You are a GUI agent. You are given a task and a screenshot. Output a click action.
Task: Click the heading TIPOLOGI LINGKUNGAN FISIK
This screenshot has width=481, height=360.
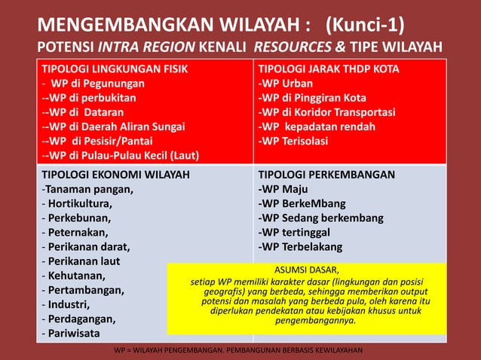click(x=115, y=69)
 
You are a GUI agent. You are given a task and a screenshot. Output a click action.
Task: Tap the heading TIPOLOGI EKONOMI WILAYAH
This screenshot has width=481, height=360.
click(x=115, y=175)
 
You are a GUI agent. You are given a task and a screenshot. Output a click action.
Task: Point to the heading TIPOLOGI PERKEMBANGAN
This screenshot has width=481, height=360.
click(x=326, y=175)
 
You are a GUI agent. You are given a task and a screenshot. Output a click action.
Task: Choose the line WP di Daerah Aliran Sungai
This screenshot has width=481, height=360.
click(x=113, y=127)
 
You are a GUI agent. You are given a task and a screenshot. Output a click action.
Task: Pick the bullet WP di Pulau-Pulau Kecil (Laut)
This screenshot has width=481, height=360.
click(x=121, y=155)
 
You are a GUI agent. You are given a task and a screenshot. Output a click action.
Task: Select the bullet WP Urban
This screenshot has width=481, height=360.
click(x=283, y=84)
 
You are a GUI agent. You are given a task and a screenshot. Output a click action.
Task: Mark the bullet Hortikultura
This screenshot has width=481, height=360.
click(x=78, y=203)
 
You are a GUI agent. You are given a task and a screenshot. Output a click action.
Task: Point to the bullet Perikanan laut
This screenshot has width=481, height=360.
click(x=84, y=261)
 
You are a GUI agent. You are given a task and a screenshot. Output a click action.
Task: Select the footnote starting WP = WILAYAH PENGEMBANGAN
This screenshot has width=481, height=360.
click(x=238, y=350)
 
